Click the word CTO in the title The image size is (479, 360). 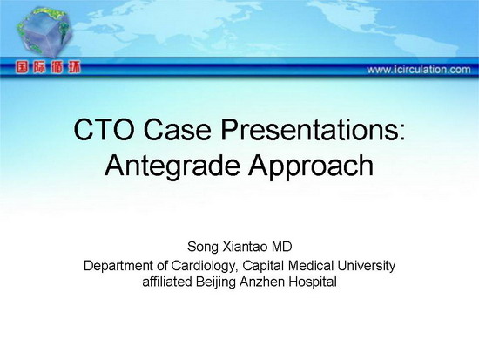(x=104, y=130)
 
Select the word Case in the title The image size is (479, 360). (x=177, y=130)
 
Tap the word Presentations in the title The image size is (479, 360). (x=313, y=130)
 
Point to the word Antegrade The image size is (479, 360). (x=172, y=166)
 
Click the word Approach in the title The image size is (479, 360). (x=311, y=166)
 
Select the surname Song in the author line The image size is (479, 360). (x=203, y=247)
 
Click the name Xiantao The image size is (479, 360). (x=246, y=247)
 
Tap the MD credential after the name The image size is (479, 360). (x=282, y=247)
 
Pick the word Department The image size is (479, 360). (x=119, y=266)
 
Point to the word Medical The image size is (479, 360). (x=310, y=266)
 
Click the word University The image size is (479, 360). (x=366, y=266)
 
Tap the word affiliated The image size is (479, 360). (x=167, y=282)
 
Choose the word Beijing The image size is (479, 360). (x=216, y=282)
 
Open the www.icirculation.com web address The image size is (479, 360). (x=419, y=70)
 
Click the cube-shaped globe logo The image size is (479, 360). (x=45, y=32)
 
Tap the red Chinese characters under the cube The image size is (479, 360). (x=48, y=67)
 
